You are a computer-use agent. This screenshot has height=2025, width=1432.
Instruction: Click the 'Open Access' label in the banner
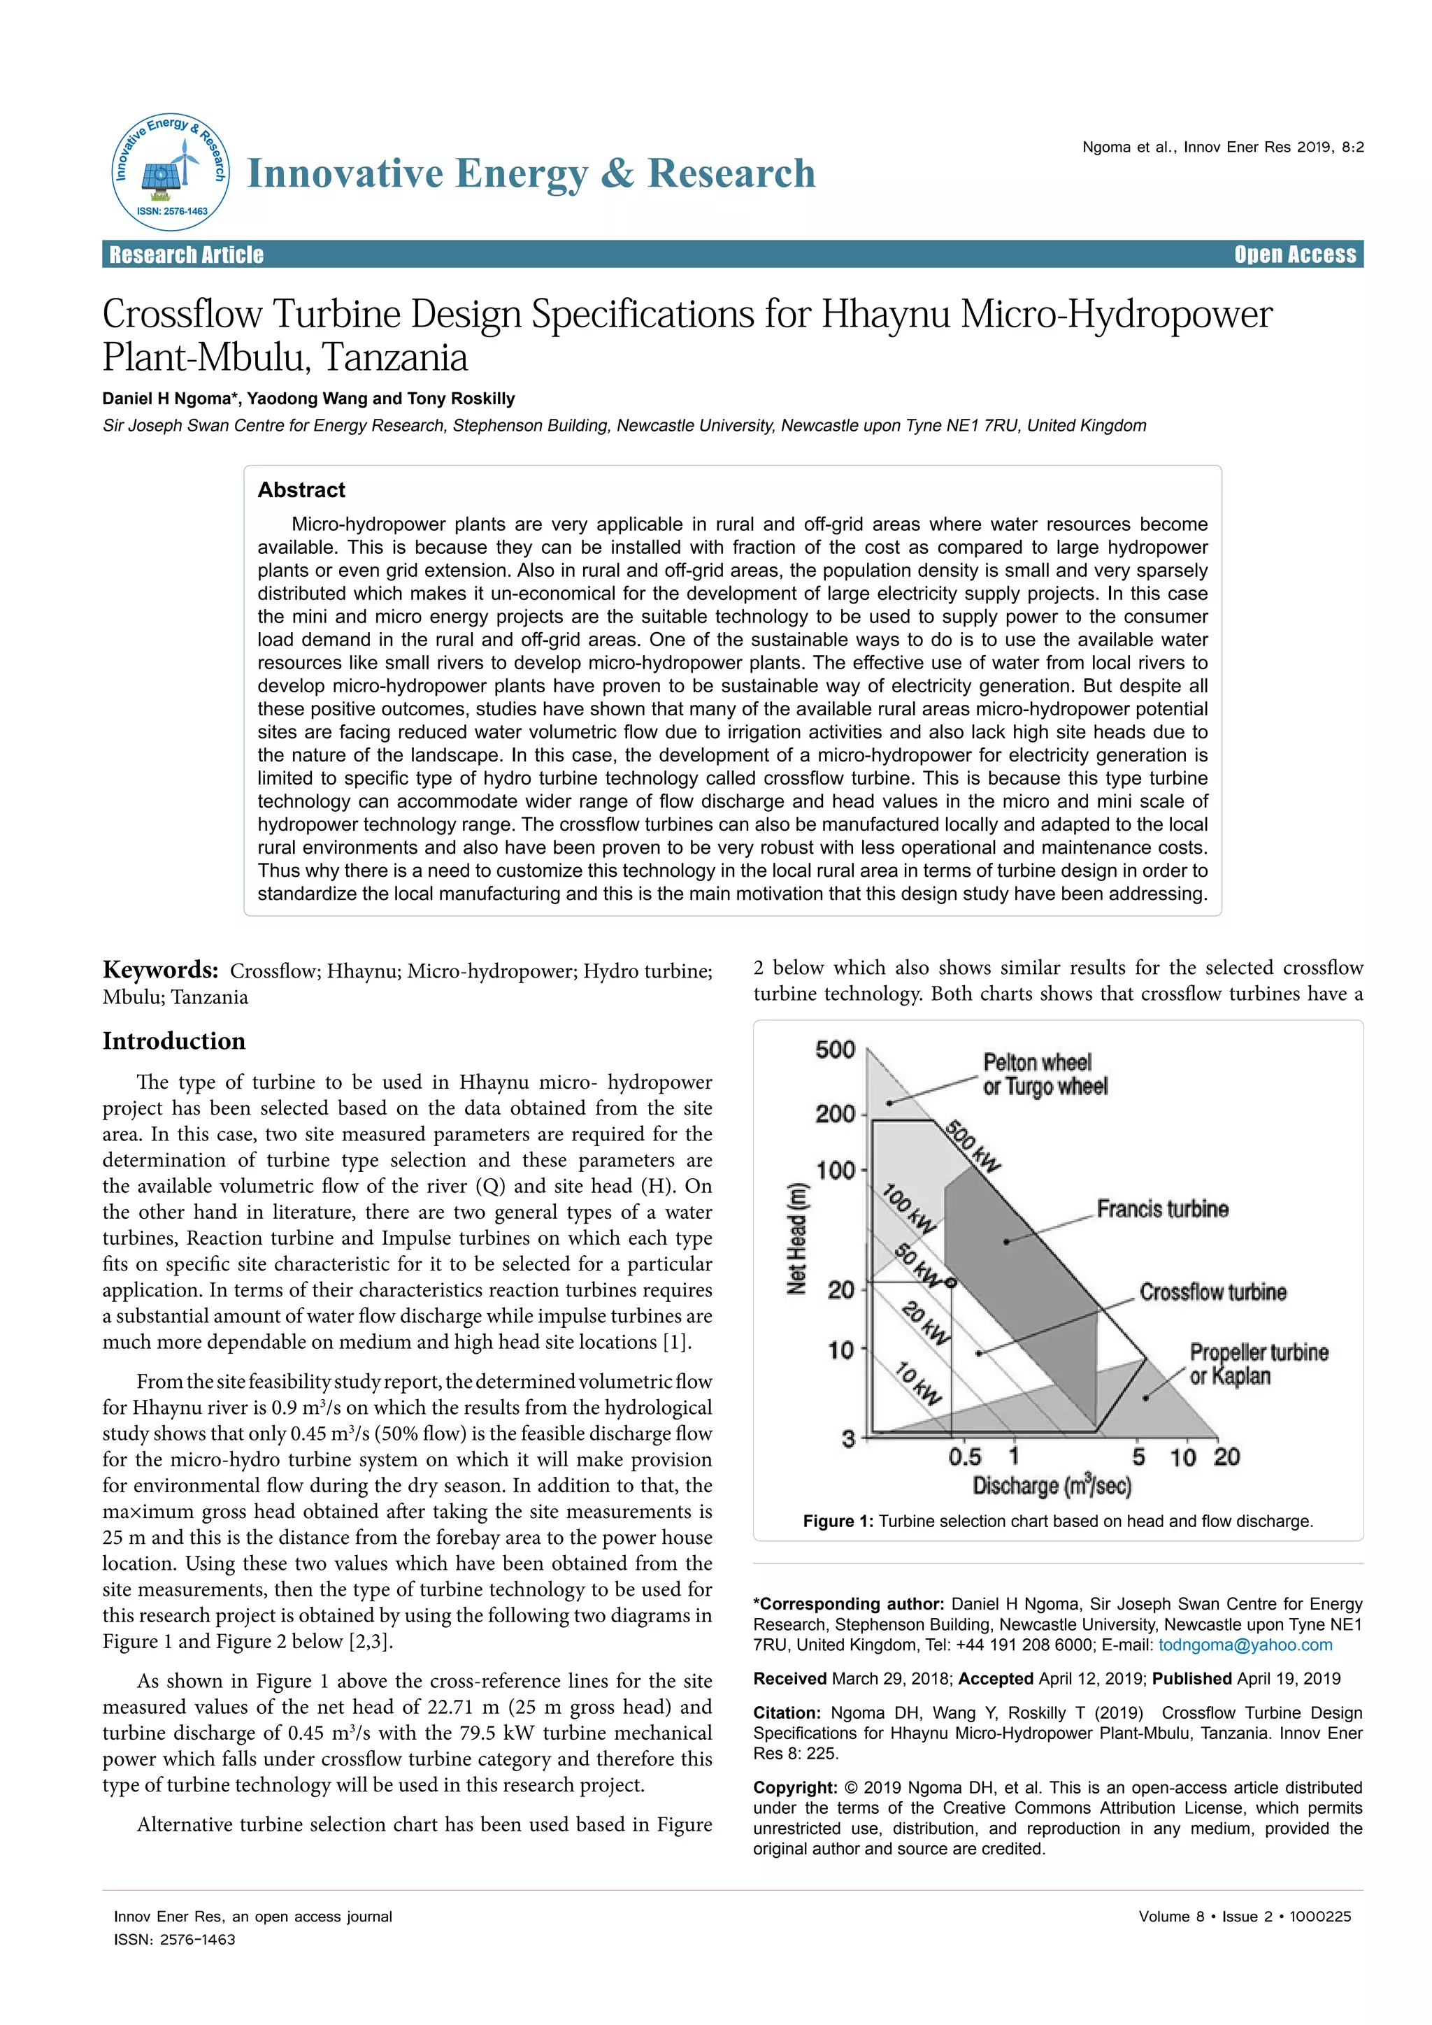[1294, 255]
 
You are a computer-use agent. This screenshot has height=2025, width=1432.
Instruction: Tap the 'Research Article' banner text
[186, 255]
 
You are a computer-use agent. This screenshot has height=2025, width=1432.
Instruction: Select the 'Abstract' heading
[301, 490]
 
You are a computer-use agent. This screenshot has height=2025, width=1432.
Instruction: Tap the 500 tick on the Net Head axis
[834, 1050]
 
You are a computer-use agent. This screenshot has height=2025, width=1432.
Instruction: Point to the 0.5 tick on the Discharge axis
[965, 1456]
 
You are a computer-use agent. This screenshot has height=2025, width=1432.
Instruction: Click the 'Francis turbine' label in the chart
[1162, 1208]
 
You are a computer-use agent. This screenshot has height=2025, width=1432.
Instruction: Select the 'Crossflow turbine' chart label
[1212, 1292]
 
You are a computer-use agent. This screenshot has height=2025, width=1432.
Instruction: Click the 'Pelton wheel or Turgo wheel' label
[1044, 1074]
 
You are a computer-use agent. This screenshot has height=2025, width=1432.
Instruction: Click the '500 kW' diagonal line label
[973, 1147]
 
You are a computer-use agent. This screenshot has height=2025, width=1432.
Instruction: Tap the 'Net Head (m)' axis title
[797, 1239]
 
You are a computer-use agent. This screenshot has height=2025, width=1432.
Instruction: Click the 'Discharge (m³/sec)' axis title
[1051, 1486]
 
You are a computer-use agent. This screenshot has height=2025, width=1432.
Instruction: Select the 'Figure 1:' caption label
[838, 1522]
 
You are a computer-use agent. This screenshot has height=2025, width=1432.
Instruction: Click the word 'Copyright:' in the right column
[794, 1788]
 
